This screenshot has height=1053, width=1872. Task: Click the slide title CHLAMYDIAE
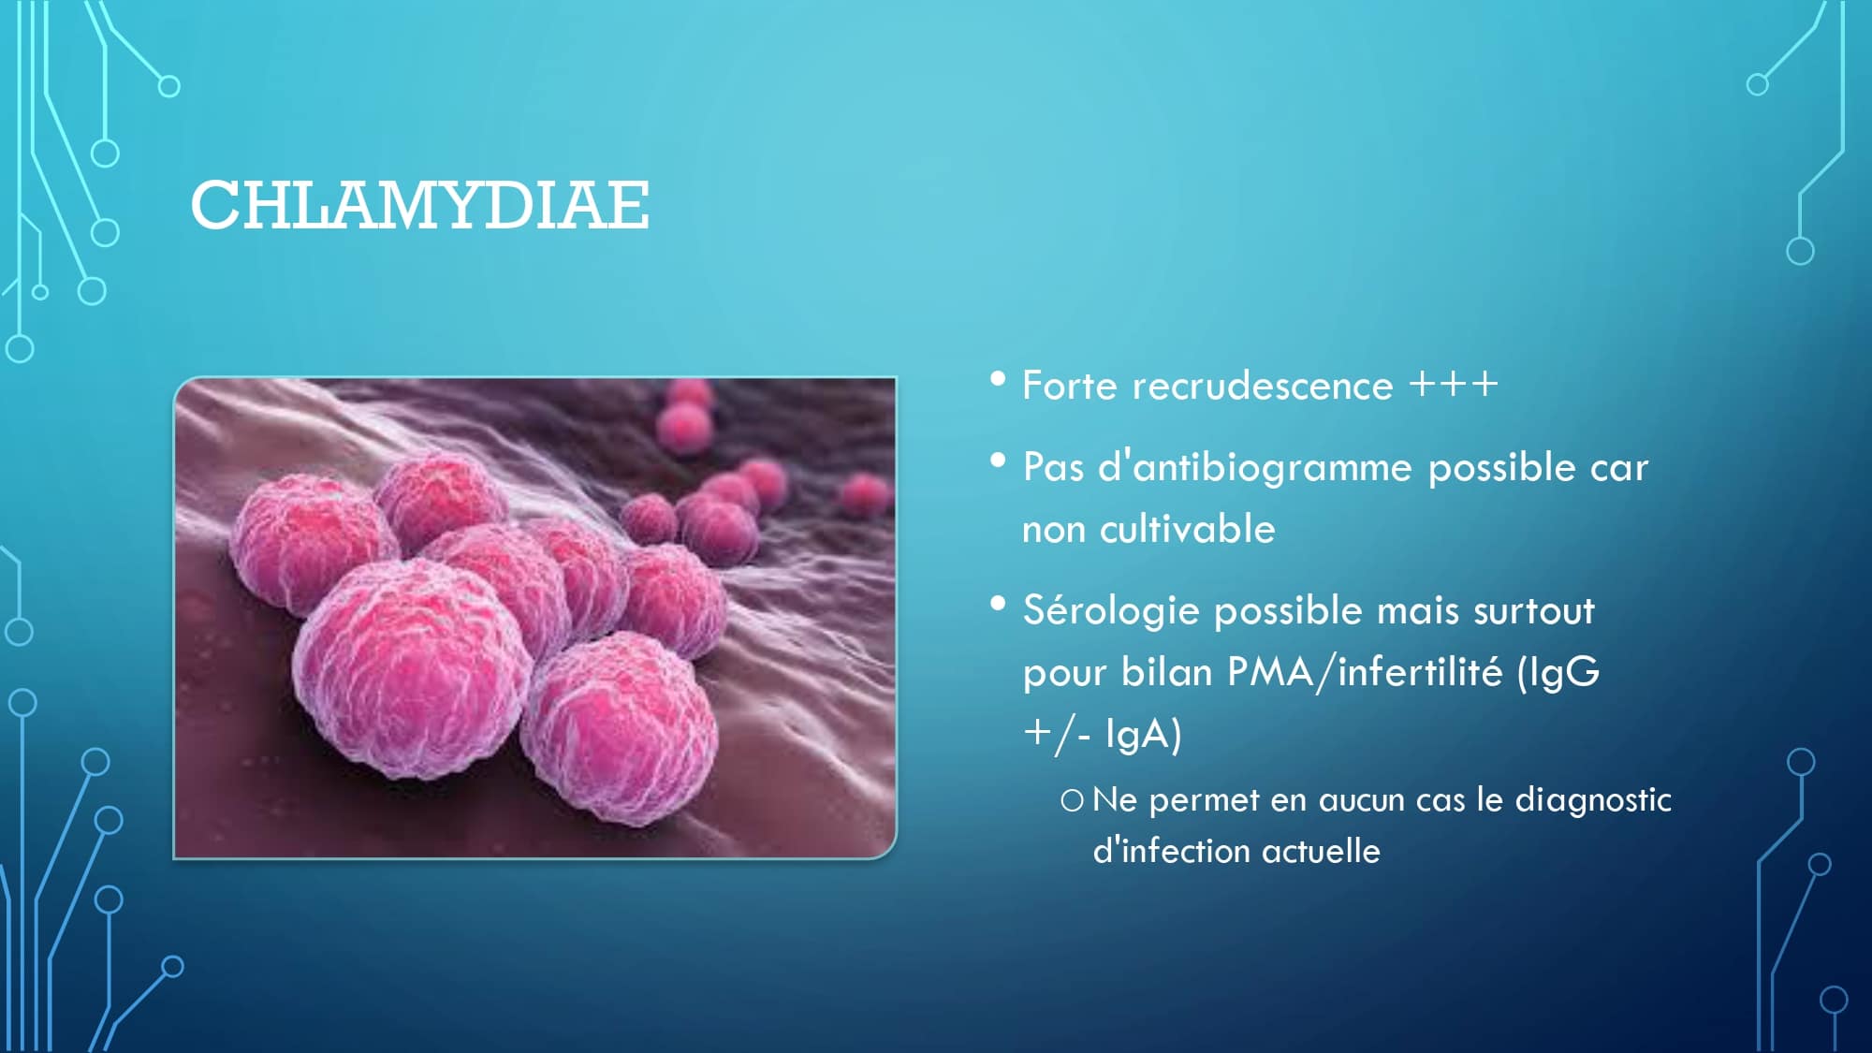pos(420,205)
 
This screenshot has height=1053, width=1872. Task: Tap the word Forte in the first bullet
pos(1069,386)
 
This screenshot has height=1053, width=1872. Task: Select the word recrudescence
pos(1263,387)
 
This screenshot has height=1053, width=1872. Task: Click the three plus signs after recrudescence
pos(1454,384)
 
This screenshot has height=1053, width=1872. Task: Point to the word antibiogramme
pos(1272,467)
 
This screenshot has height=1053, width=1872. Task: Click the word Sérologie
pos(1111,611)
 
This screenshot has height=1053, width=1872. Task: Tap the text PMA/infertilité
pos(1365,672)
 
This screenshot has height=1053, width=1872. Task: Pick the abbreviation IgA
pos(1137,735)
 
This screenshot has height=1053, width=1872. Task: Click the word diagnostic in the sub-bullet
pos(1593,800)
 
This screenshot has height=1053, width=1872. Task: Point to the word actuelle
pos(1321,851)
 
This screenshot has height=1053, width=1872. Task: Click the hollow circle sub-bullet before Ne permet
pos(1072,800)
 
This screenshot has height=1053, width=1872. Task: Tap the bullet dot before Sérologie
pos(998,604)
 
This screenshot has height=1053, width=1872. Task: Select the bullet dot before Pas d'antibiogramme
pos(998,461)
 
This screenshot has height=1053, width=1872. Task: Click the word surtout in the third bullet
pos(1534,611)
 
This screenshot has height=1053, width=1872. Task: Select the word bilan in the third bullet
pos(1166,672)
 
